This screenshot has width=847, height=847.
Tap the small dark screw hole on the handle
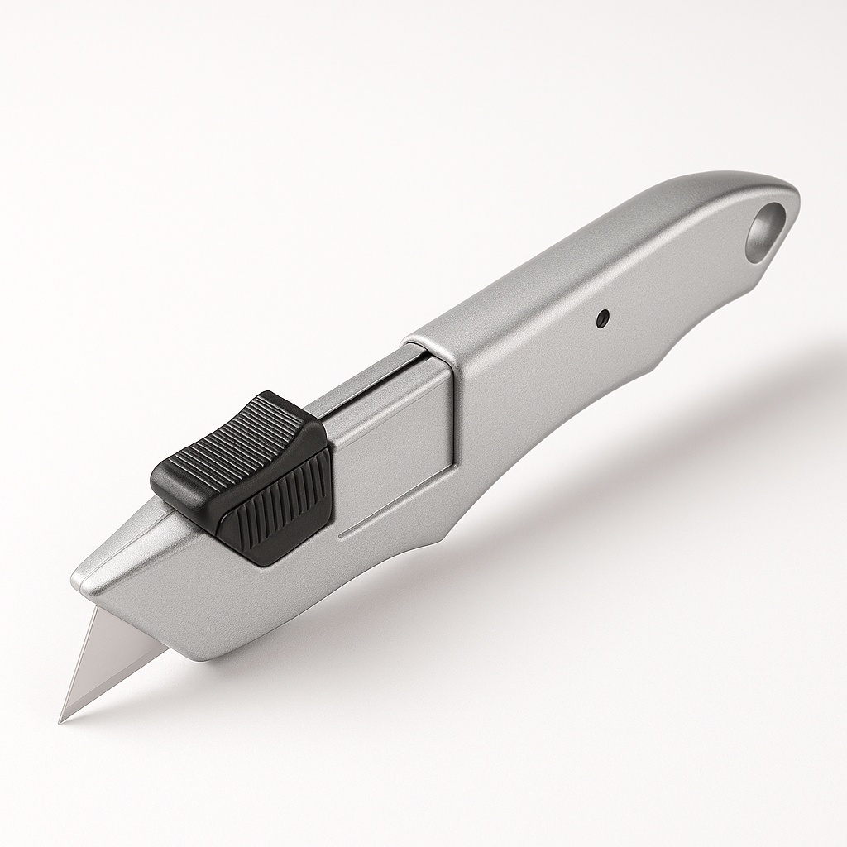pos(603,316)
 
